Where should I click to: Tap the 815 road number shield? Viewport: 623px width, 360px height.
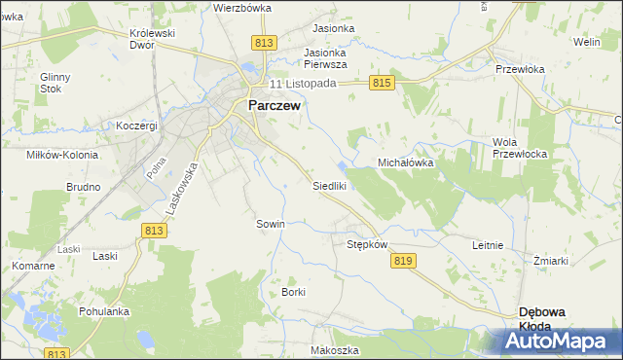point(382,85)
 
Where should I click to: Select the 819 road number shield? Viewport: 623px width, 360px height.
point(405,260)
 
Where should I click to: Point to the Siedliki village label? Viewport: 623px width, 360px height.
point(330,185)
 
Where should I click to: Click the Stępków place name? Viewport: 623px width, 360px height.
point(368,244)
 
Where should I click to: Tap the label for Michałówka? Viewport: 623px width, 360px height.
point(405,163)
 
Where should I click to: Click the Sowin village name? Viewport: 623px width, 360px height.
point(271,224)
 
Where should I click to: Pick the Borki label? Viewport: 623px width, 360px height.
point(293,292)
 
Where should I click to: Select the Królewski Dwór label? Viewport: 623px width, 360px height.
point(152,39)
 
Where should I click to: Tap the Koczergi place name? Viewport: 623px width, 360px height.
point(136,126)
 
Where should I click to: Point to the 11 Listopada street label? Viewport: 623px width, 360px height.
point(303,84)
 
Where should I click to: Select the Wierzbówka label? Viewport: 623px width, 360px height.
point(241,7)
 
